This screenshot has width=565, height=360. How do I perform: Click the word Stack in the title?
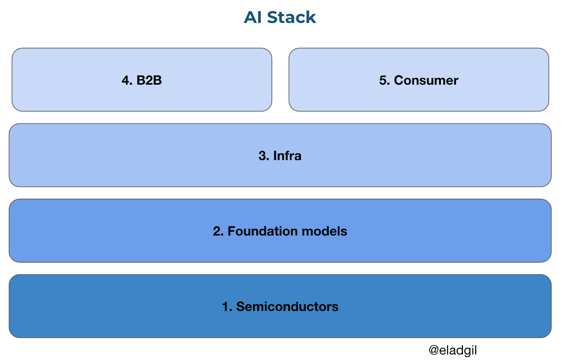click(x=291, y=17)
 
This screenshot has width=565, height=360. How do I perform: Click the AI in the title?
click(x=253, y=17)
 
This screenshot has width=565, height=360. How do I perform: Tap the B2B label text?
click(x=149, y=80)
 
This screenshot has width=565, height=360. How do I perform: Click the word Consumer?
click(x=426, y=80)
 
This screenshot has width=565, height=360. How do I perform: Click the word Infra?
click(x=287, y=156)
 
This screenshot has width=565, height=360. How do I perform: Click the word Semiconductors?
click(x=287, y=307)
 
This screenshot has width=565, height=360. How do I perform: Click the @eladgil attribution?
click(x=453, y=350)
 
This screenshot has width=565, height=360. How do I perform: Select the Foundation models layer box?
click(x=103, y=240)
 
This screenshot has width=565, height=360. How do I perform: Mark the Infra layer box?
click(x=103, y=165)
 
